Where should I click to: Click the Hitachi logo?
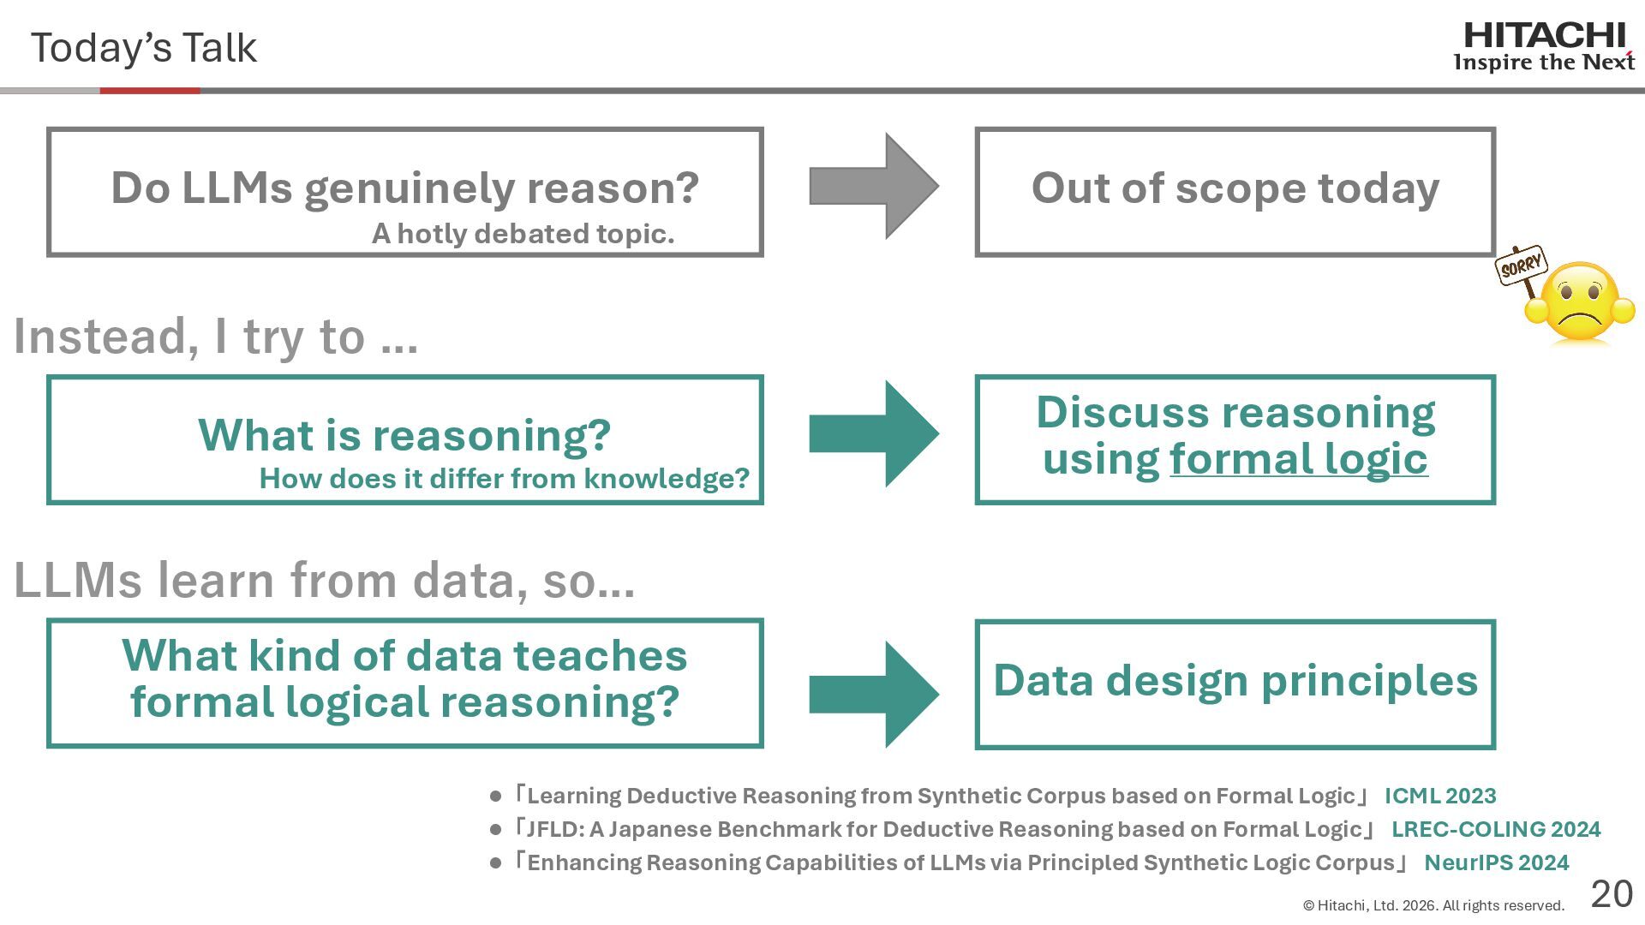[x=1544, y=47]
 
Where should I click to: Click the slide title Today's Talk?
[x=144, y=48]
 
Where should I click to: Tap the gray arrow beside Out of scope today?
[x=873, y=186]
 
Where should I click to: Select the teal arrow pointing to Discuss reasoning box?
[x=873, y=434]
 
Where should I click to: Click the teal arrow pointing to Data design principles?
[x=873, y=694]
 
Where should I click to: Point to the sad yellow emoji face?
[x=1580, y=303]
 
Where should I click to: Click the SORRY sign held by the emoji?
[x=1521, y=265]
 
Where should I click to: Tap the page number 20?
[x=1612, y=894]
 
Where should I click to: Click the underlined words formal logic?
[x=1298, y=459]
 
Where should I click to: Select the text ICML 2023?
[x=1440, y=796]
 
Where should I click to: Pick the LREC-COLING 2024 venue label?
[x=1495, y=829]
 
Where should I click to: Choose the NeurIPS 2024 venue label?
[x=1496, y=862]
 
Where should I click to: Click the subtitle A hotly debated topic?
[x=523, y=233]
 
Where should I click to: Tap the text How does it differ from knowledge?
[x=504, y=478]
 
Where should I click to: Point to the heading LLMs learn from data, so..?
[x=324, y=580]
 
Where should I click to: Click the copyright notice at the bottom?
[x=1433, y=905]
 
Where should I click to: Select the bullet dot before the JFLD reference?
[x=495, y=830]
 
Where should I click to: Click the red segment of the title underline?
[x=150, y=91]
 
